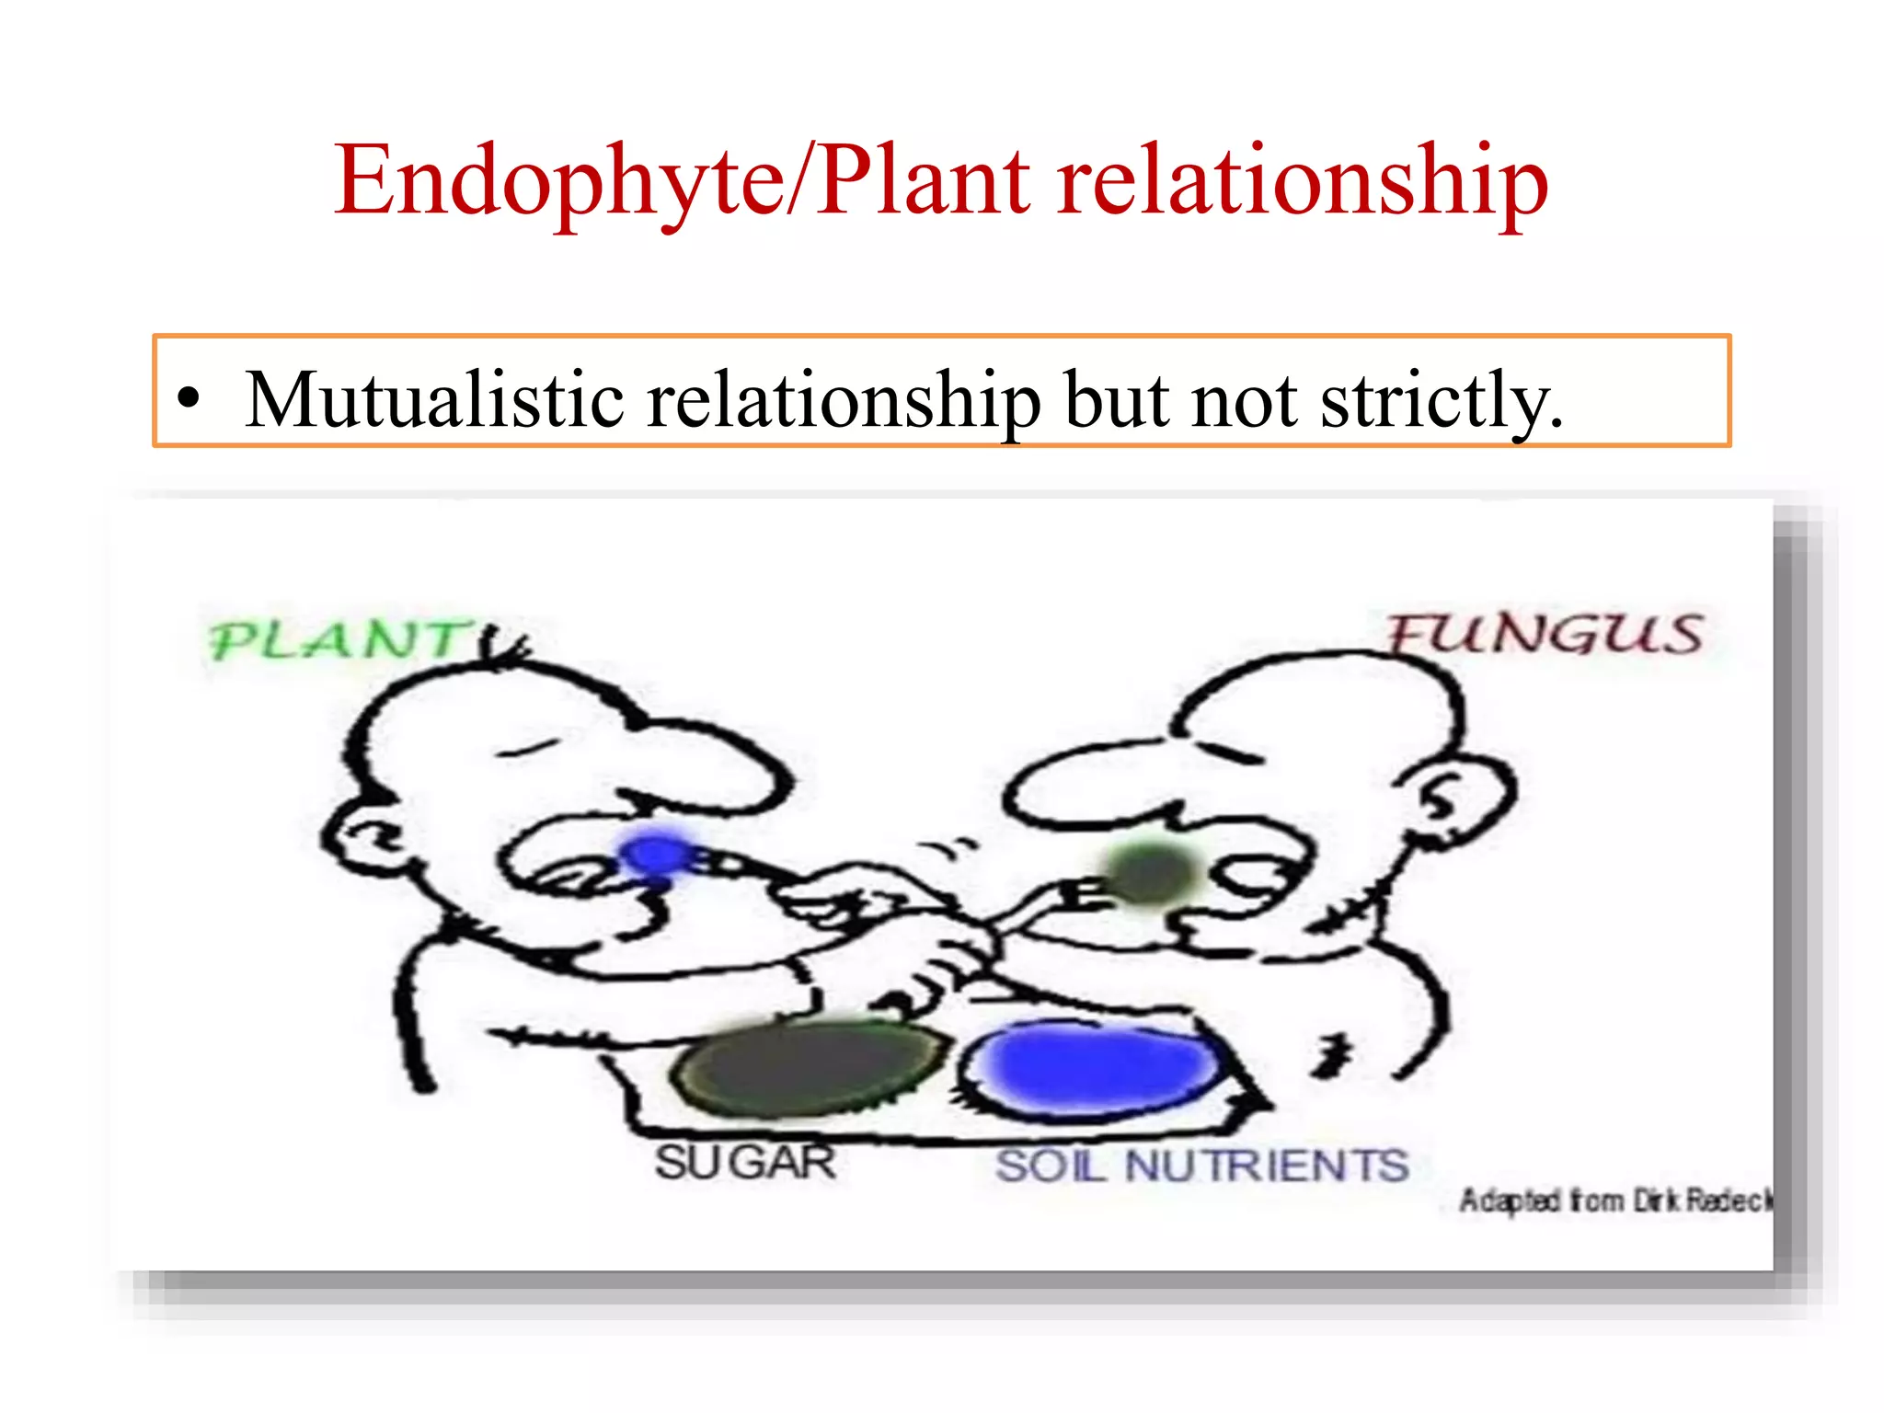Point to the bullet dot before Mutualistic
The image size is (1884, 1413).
[x=189, y=400]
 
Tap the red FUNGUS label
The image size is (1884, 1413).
[x=1545, y=634]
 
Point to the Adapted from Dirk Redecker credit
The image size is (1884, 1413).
[x=1614, y=1200]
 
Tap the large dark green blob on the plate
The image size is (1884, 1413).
[x=810, y=1067]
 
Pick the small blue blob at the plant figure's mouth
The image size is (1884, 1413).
[x=657, y=856]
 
